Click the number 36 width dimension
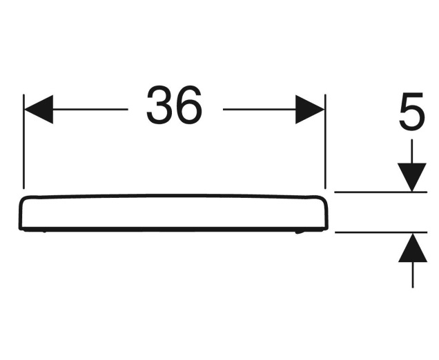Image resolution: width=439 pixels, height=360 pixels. (175, 107)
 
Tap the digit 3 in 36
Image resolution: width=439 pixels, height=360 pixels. (160, 107)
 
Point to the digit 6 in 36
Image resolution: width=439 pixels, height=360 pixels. (189, 107)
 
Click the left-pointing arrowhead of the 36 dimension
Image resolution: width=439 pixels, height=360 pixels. (39, 110)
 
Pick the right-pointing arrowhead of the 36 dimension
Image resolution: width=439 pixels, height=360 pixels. (310, 110)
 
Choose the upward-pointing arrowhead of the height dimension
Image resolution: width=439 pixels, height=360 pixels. (412, 247)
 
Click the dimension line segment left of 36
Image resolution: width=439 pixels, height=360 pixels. (90, 110)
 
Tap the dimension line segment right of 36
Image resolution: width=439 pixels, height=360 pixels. (259, 110)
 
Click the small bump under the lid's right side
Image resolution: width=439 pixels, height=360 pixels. (300, 231)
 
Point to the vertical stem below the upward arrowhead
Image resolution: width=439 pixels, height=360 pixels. (412, 274)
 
